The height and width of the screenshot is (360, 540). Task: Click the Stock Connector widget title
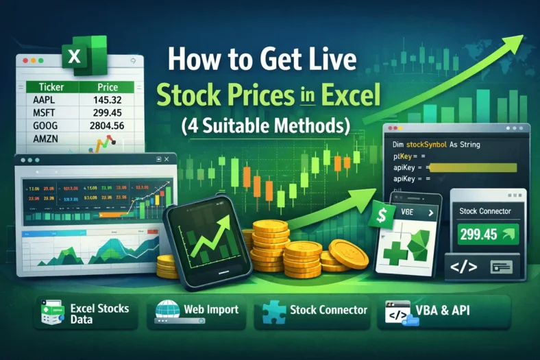pos(485,211)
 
